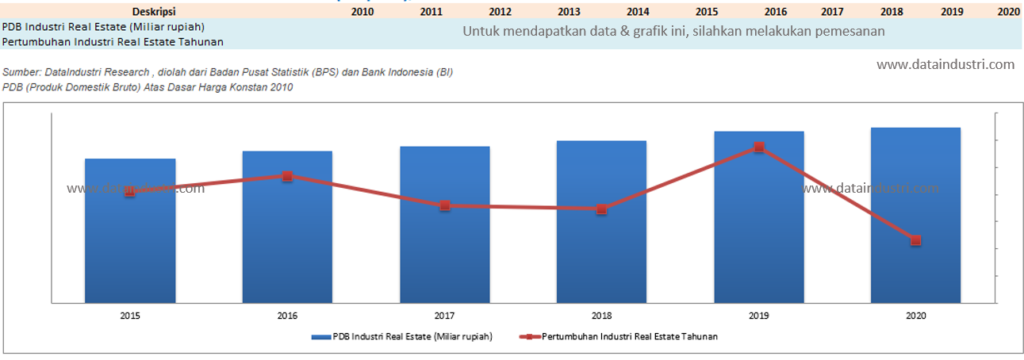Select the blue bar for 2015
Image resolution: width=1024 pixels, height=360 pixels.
point(130,238)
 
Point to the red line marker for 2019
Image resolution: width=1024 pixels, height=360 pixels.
point(759,147)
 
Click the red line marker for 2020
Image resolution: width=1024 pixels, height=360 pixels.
point(915,240)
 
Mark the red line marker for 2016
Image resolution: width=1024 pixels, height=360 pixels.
point(287,176)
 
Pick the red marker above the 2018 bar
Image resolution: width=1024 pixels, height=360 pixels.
point(602,209)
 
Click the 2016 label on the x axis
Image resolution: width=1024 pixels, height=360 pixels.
point(287,316)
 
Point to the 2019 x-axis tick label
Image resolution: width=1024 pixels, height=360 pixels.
point(759,316)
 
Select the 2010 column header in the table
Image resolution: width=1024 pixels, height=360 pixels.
point(362,12)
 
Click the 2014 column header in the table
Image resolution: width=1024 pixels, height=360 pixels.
point(638,12)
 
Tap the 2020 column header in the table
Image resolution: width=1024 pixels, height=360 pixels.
point(1008,12)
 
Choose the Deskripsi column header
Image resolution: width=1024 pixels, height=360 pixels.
point(154,12)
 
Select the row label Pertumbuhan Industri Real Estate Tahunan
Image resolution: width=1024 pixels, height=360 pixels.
point(112,41)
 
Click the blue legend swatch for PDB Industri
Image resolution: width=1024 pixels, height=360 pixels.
point(320,337)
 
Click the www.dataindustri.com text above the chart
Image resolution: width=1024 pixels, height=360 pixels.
point(945,64)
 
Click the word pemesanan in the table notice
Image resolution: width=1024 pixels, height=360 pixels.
point(853,31)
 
